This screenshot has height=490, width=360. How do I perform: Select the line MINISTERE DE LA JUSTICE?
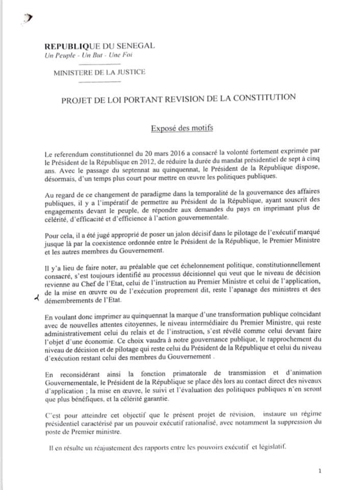(x=99, y=72)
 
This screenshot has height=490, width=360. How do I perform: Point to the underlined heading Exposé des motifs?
(x=182, y=128)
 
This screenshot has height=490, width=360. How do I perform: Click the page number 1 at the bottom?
(x=319, y=471)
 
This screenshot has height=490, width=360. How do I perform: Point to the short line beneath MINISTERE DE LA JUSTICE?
(x=100, y=81)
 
